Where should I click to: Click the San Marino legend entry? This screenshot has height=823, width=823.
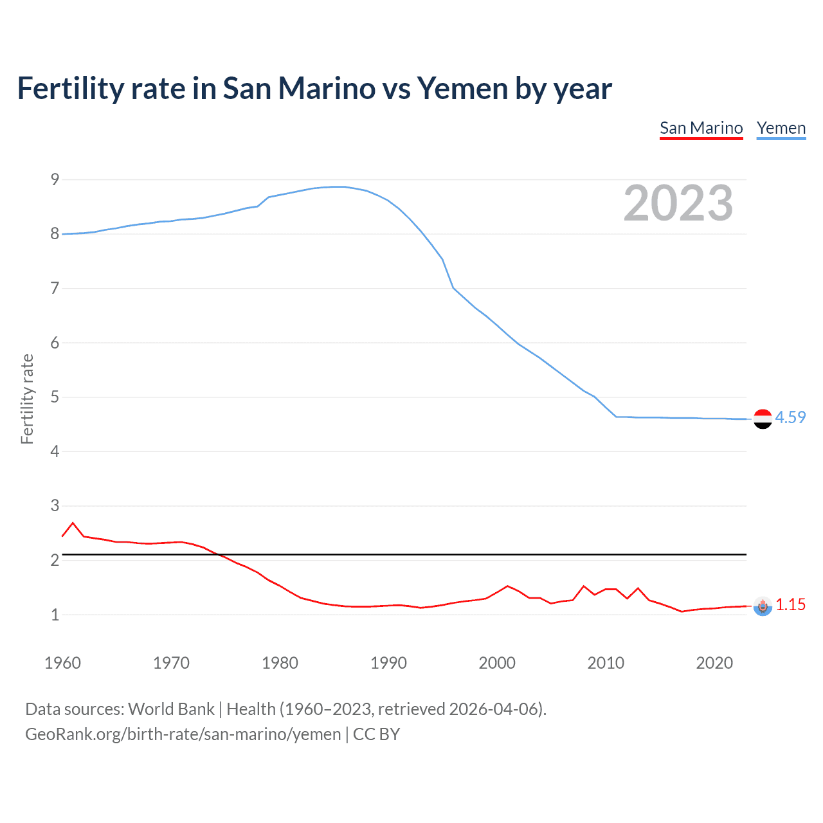[701, 128]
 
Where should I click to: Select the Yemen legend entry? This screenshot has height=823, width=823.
[781, 128]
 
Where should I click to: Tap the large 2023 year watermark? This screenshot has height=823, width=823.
[678, 203]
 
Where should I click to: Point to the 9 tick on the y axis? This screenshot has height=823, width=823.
[55, 179]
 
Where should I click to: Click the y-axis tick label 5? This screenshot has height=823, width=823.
[55, 397]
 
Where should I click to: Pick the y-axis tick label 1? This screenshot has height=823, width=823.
[55, 615]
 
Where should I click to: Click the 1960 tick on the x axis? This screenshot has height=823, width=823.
[62, 663]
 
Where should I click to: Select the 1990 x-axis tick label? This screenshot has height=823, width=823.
[388, 663]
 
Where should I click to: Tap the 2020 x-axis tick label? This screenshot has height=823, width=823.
[714, 663]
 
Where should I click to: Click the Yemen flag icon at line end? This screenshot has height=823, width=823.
[763, 419]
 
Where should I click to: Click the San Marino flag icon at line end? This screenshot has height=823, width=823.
[763, 606]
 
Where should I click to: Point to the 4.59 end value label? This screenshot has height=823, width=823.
[790, 417]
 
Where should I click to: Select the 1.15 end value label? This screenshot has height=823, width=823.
[790, 604]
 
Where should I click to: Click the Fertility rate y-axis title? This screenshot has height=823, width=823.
[27, 399]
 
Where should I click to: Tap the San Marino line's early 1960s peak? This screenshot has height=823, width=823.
[73, 523]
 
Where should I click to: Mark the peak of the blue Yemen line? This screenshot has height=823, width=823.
[339, 186]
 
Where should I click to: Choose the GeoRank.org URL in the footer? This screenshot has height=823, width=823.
[183, 734]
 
